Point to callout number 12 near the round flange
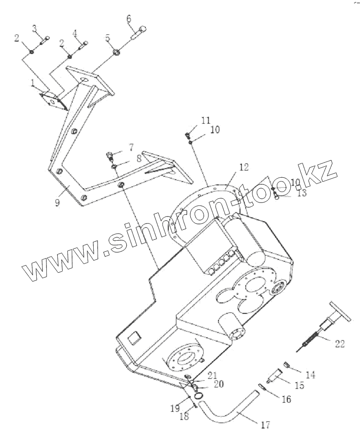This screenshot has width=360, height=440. pyautogui.click(x=244, y=167)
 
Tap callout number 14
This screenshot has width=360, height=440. pyautogui.click(x=311, y=375)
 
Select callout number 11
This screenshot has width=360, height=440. pyautogui.click(x=206, y=120)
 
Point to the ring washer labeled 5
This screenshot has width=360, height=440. pyautogui.click(x=116, y=52)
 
